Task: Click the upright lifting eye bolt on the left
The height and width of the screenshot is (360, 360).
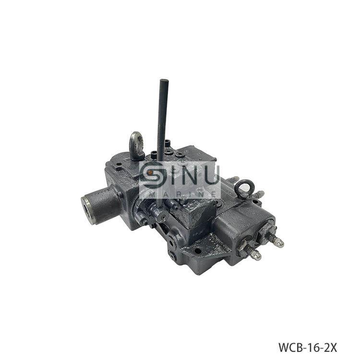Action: point(137,145)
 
